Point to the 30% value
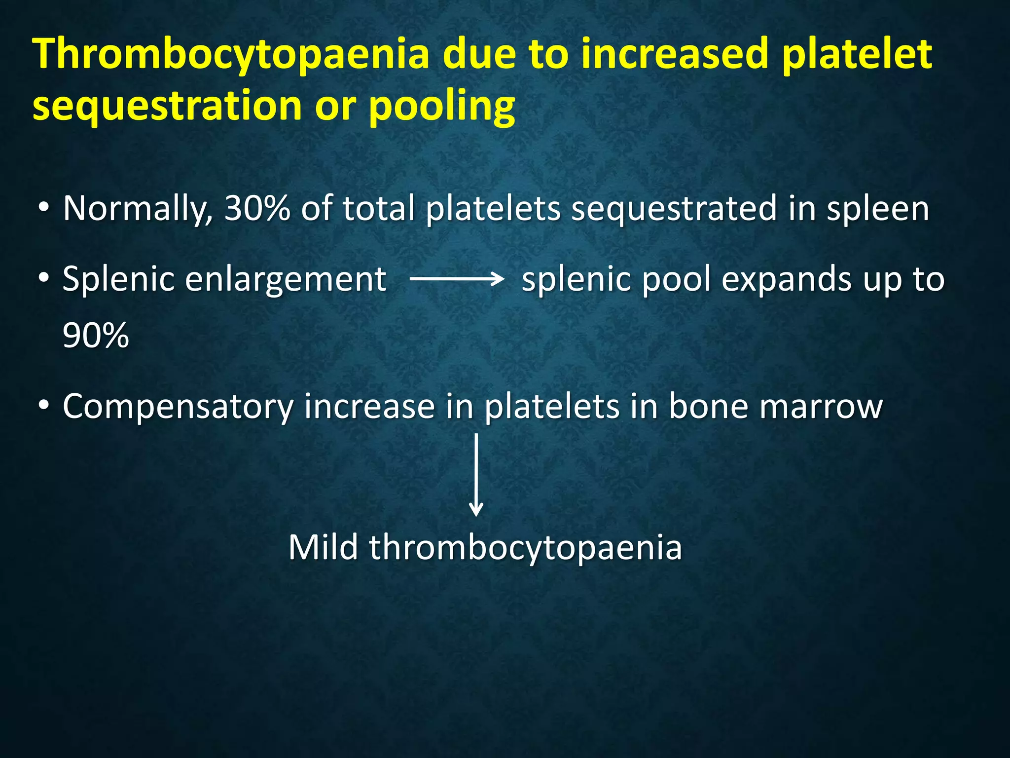point(257,209)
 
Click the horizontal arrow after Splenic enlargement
point(457,279)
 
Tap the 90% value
point(96,336)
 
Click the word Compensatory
point(178,408)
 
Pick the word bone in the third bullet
point(708,407)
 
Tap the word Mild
point(323,548)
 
